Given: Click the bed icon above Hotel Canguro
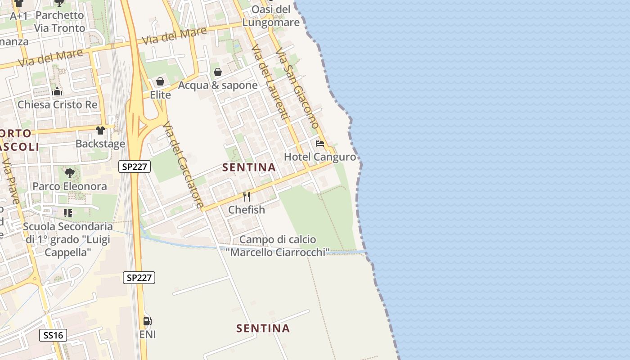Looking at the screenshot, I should coord(320,144).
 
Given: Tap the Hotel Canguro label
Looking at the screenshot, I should coord(319,157).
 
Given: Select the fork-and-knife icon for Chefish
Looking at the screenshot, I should coord(247,197).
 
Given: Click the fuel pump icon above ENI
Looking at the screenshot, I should coord(147,321).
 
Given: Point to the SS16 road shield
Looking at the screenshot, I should coord(53,335).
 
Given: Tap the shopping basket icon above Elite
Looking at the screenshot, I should coord(160,82).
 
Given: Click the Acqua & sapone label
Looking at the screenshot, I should coord(218,85).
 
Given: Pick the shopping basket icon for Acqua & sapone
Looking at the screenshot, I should coord(218,72).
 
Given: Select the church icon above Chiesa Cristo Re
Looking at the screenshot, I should coord(57,92).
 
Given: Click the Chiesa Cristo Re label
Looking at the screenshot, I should coord(57,105).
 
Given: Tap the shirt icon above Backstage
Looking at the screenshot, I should coord(100,130).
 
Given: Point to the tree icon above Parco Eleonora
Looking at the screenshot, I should coord(69,173).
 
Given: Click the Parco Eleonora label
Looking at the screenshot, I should coord(70,186).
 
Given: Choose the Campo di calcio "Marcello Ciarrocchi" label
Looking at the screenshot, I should coord(278,246).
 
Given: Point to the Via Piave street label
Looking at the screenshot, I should coord(10,180).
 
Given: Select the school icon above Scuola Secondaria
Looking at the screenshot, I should coord(68,213).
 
